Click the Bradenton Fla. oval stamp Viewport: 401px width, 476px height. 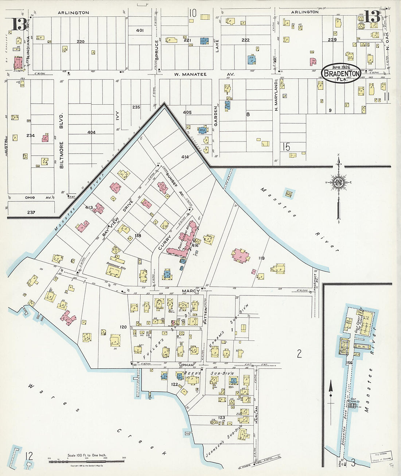tap(342, 73)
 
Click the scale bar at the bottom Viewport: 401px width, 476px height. tap(87, 462)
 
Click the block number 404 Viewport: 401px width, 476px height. tap(91, 132)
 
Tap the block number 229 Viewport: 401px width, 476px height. tap(332, 40)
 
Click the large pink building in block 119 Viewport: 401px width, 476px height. tap(241, 255)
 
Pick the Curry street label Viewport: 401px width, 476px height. tap(162, 242)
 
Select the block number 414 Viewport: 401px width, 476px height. tap(185, 157)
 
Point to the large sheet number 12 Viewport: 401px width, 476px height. tap(29, 456)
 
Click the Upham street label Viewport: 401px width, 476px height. tap(186, 364)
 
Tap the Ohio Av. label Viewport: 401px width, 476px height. tap(35, 198)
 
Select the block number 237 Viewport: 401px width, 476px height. tap(31, 212)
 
